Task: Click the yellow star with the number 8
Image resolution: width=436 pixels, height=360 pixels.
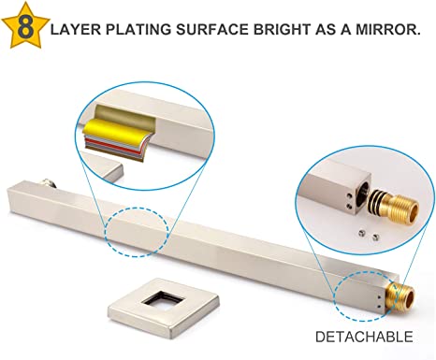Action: coord(25,26)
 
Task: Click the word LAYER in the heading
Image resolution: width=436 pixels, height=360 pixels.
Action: coord(76,30)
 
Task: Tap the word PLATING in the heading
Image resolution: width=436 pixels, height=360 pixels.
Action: coord(138,30)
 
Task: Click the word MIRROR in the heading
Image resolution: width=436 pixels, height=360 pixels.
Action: coord(386,30)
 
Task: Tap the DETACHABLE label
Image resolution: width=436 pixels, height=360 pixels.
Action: coord(364,337)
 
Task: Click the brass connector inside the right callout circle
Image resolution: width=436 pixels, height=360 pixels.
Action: coord(394,207)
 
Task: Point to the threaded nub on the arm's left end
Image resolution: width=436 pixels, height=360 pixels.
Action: coord(48,183)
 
